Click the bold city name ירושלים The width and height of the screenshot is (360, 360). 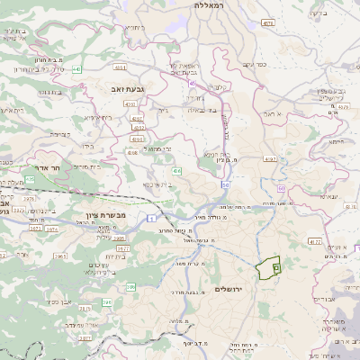point(231,288)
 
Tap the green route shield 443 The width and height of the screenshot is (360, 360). point(78,67)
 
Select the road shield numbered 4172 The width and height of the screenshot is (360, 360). point(314,241)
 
